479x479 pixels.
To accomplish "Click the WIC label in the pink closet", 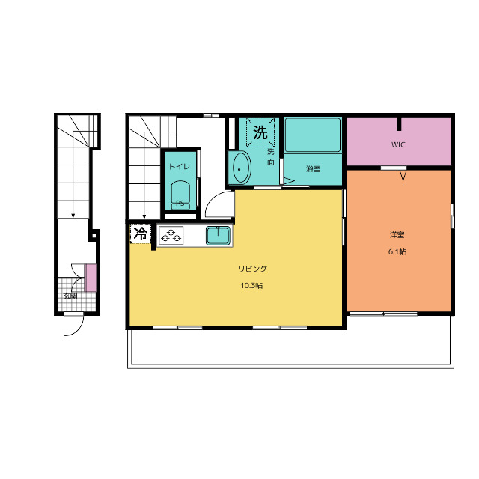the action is [x=398, y=144].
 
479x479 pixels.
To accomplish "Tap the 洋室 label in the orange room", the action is [x=397, y=234].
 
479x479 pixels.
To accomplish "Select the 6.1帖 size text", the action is [x=397, y=251].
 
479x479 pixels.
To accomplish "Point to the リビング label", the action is [x=253, y=269].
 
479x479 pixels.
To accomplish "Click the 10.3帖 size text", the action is [x=251, y=286].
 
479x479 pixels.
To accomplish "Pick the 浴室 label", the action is [x=313, y=168].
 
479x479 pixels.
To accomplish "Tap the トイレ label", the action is [x=180, y=166].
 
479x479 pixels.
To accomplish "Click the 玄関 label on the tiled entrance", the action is [x=70, y=296].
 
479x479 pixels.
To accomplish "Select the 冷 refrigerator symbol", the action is [x=141, y=234].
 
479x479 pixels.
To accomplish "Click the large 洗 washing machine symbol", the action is [x=260, y=132].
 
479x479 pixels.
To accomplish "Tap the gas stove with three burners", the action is [x=171, y=235].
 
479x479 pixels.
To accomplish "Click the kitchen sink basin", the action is [x=218, y=236].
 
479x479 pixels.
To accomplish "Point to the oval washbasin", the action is [x=240, y=168].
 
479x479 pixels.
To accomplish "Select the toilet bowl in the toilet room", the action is [x=180, y=195].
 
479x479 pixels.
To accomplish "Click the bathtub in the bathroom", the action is [x=313, y=135].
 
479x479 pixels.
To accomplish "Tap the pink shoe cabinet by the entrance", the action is [x=91, y=278].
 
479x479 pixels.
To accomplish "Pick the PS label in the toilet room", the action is [x=180, y=203].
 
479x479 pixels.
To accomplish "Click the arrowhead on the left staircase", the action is [x=73, y=216].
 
